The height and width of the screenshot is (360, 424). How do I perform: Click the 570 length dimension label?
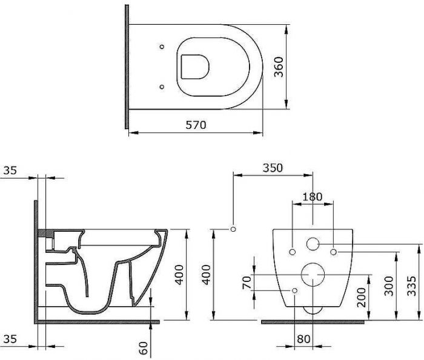click(x=196, y=125)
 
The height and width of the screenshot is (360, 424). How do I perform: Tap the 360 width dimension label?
click(x=279, y=67)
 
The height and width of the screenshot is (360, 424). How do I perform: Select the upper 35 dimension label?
click(x=10, y=171)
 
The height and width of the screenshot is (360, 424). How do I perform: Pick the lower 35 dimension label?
click(x=10, y=339)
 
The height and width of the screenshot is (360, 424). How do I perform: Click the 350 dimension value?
click(x=273, y=168)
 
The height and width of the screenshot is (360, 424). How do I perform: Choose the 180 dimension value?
click(x=313, y=197)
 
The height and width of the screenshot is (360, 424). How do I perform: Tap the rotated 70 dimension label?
click(x=247, y=283)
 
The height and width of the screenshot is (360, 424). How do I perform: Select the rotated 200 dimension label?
click(x=361, y=297)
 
